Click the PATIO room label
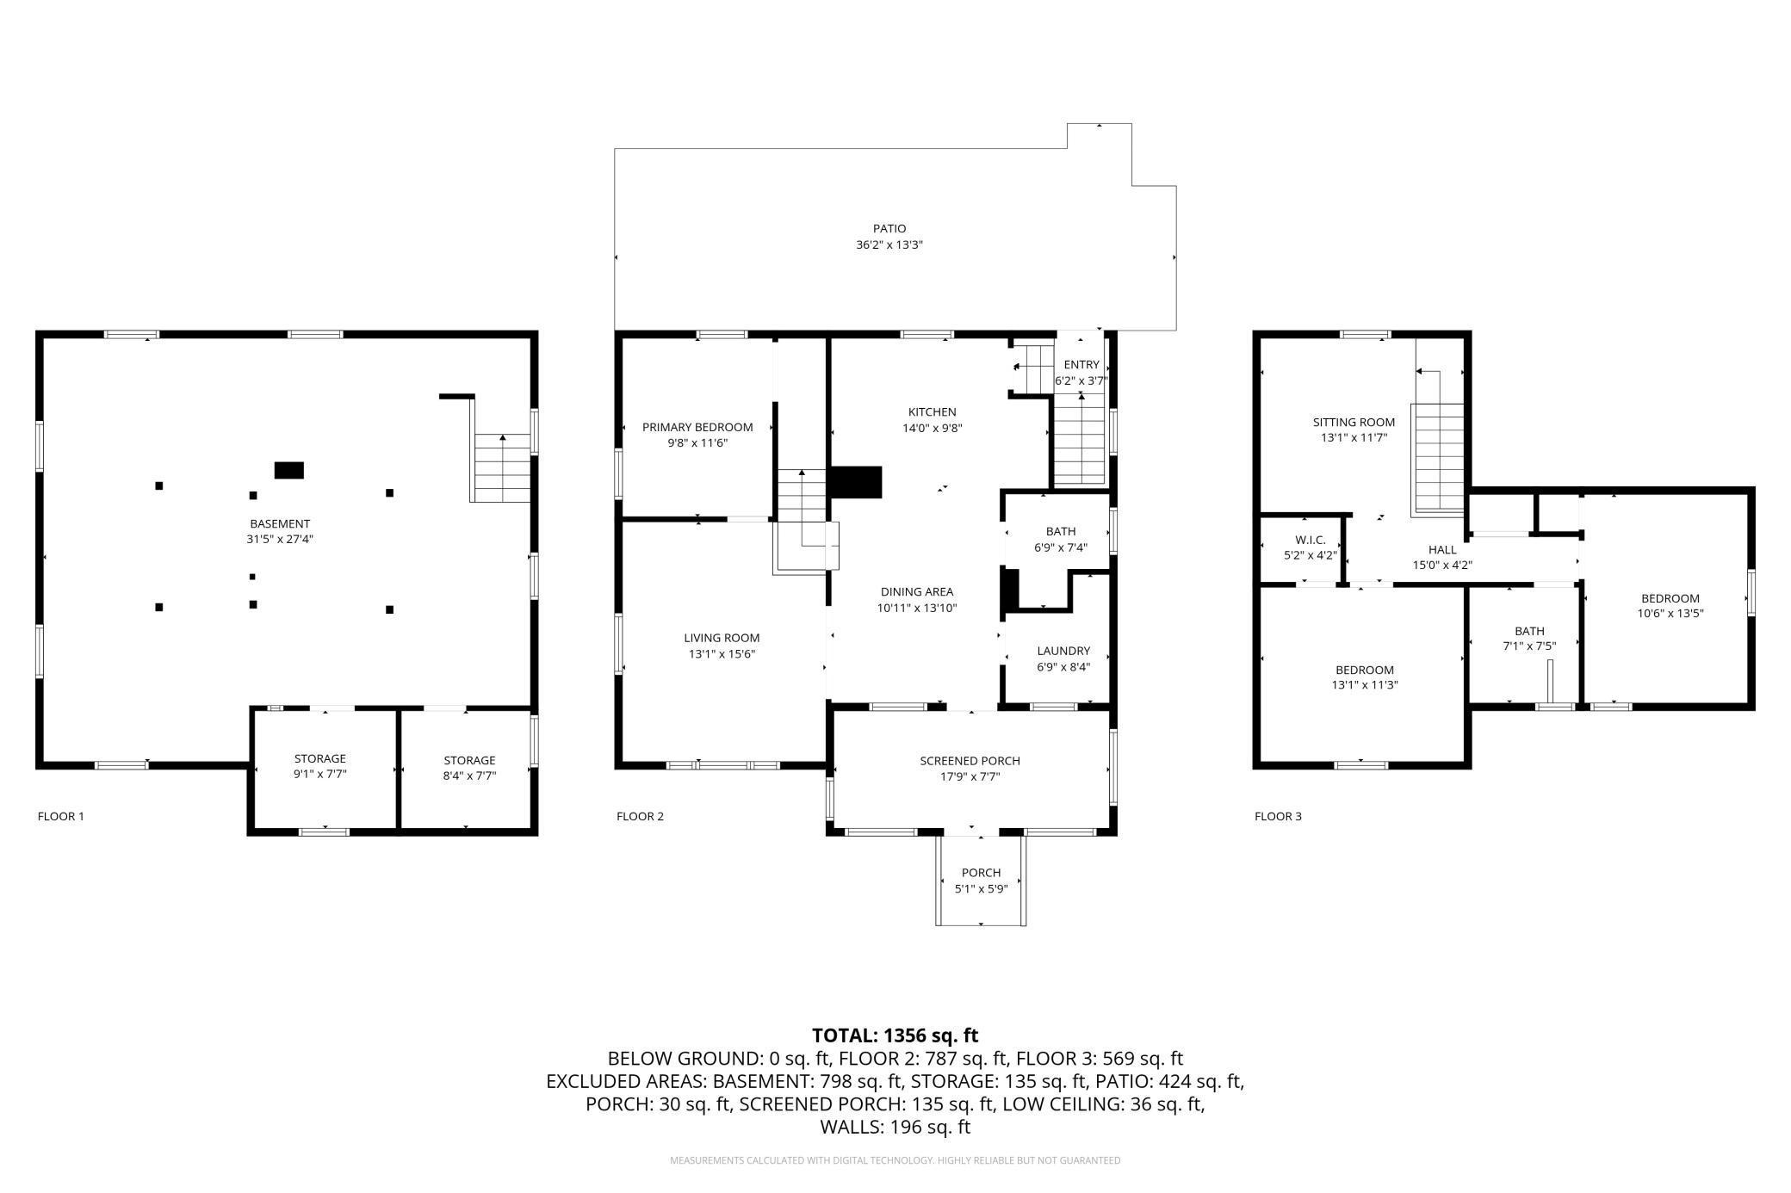tap(889, 229)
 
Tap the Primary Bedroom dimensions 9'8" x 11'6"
tap(697, 442)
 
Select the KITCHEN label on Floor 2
tap(932, 412)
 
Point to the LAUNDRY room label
tap(1063, 652)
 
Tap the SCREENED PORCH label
tap(970, 761)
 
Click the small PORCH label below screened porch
tap(981, 873)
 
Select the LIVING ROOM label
tap(722, 639)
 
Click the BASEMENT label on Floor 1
tap(280, 523)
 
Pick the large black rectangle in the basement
tap(288, 470)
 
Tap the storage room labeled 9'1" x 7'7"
tap(320, 766)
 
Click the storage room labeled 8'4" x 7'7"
tap(469, 768)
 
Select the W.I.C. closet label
tap(1310, 540)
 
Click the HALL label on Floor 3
tap(1442, 550)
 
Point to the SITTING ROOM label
tap(1354, 423)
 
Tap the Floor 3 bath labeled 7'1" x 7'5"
tap(1529, 639)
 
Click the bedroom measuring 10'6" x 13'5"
tap(1670, 606)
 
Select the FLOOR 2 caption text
tap(640, 816)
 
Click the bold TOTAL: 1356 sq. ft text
tap(895, 1035)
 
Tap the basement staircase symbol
tap(502, 468)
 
